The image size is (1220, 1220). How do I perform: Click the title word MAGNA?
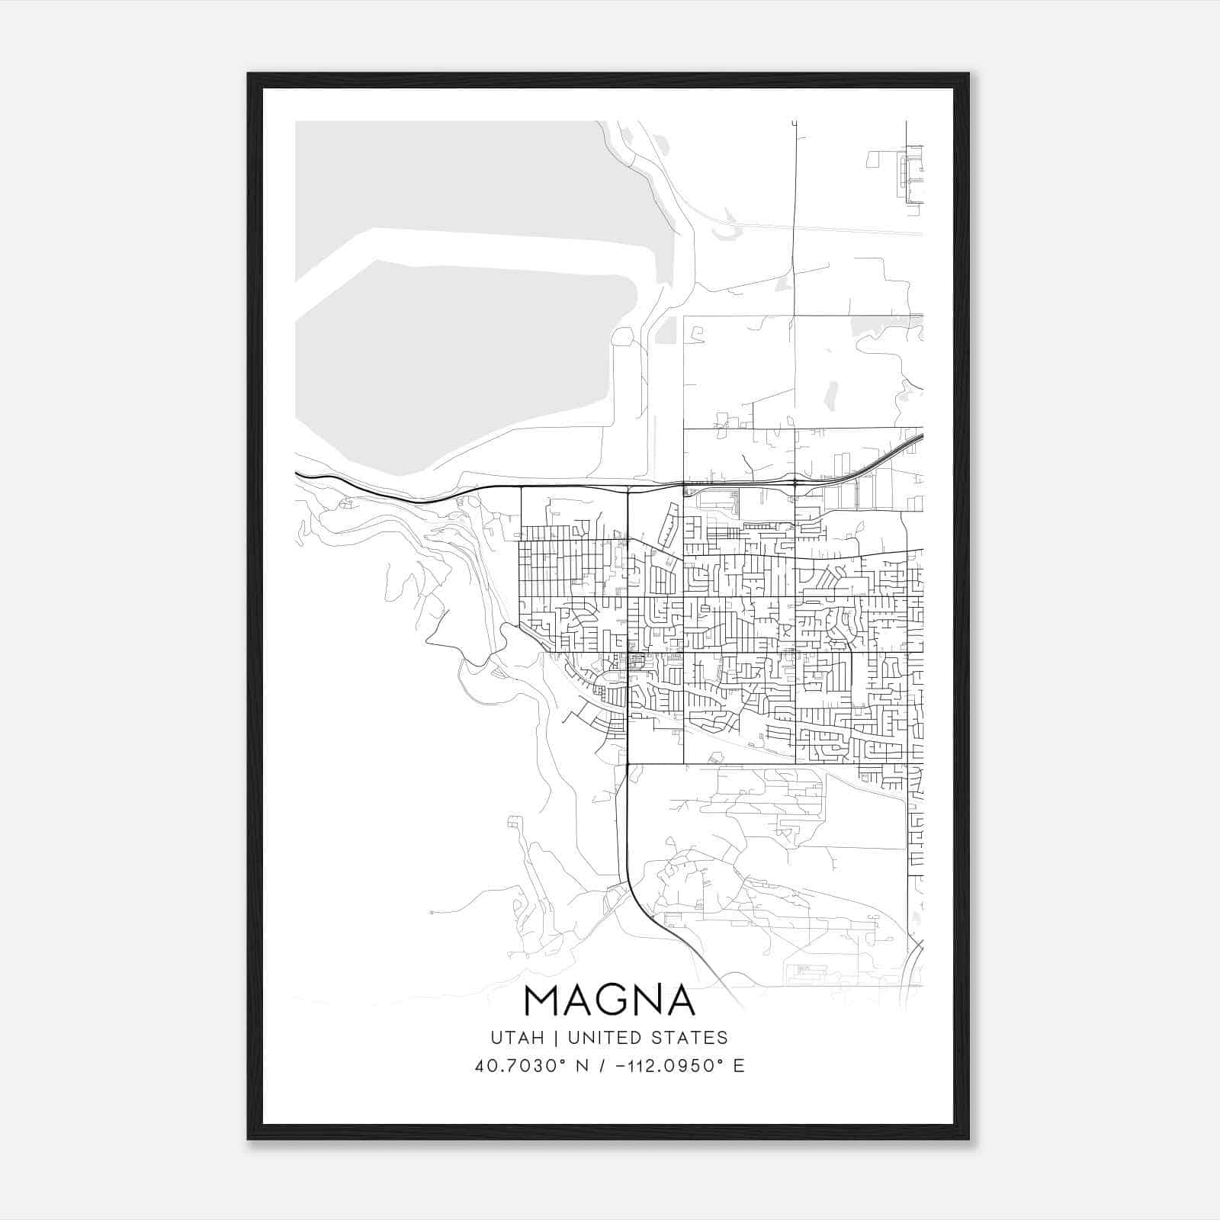[609, 1001]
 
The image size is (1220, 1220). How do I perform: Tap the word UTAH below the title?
[517, 1038]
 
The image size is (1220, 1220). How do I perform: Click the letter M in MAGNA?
[543, 1001]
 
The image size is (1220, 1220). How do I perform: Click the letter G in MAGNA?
[609, 1001]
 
